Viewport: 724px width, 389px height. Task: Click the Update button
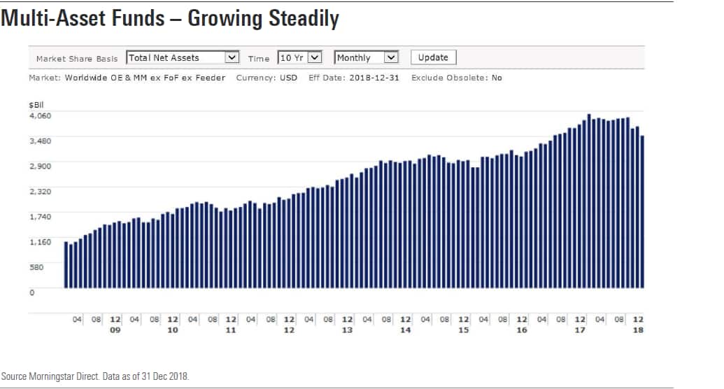433,57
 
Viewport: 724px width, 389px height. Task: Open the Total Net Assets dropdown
183,57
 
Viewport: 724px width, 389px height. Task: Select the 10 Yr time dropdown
299,57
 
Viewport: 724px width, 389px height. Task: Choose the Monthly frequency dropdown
366,57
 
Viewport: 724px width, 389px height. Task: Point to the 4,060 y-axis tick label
40,115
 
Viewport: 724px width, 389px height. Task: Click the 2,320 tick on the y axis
40,191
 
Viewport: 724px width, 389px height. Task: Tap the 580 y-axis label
36,267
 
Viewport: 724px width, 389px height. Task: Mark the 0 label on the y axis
31,292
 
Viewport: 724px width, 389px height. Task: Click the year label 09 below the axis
115,330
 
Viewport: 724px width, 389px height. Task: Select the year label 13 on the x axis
347,330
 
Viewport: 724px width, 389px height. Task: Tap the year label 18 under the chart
638,330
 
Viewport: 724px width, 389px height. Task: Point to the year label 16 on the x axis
522,330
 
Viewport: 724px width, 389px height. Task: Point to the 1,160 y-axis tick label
40,241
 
